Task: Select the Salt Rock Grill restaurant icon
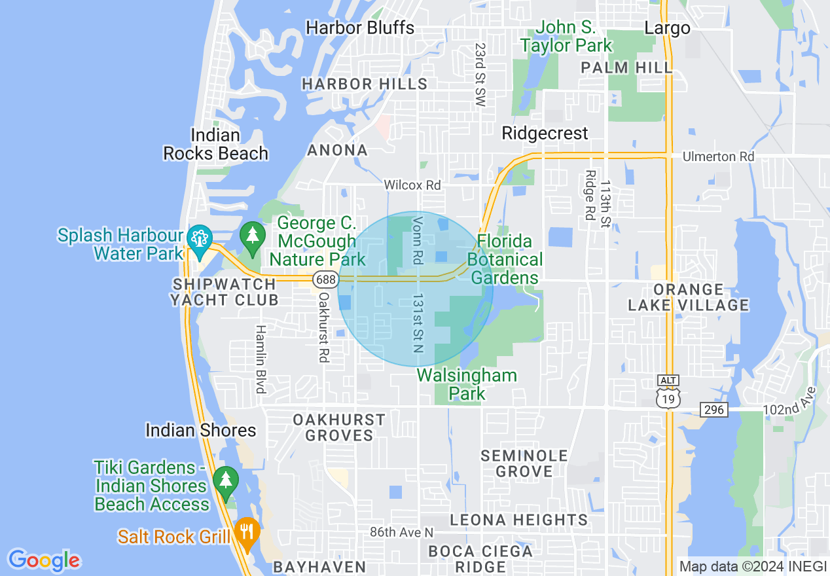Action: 247,530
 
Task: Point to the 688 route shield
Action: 325,279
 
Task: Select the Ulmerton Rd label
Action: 718,157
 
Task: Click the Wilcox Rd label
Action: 412,185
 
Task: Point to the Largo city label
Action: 667,28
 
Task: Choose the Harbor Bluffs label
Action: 360,27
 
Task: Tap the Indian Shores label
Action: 201,430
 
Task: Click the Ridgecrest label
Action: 545,133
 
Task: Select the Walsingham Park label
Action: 467,384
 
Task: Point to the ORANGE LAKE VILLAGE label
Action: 688,297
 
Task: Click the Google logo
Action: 44,560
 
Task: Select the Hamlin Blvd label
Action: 261,359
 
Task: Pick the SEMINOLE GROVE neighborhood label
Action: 524,463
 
